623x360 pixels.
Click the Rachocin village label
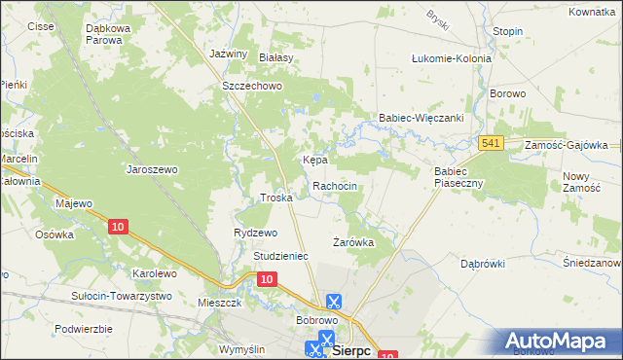coord(341,186)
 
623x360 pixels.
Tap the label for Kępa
coord(313,159)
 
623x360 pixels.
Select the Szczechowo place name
coord(251,86)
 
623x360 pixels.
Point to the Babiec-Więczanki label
coord(421,119)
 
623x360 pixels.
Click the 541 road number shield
coord(491,144)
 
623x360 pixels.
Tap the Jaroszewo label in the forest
coord(152,169)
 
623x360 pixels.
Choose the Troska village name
coord(276,198)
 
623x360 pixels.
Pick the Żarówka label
coord(353,241)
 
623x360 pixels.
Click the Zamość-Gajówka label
coord(566,144)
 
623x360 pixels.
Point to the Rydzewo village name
coord(256,233)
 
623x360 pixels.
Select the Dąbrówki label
coord(482,263)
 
